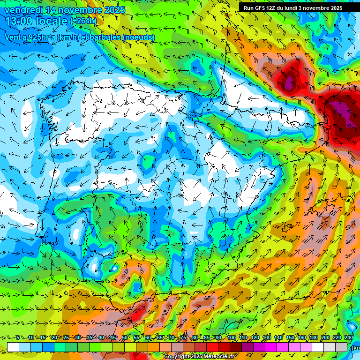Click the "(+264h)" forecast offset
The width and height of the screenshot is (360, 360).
83,21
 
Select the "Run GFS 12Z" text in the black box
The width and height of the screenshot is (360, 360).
260,8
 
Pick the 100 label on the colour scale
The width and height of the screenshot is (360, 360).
232,337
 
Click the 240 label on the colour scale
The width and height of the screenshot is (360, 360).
349,337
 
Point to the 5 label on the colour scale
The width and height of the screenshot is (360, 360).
18,337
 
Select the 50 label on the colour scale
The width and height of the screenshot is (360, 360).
125,337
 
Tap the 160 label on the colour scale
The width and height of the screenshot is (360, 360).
302,337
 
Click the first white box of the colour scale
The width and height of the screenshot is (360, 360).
13,347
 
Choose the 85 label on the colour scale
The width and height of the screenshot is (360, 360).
207,337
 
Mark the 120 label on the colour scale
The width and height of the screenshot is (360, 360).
255,337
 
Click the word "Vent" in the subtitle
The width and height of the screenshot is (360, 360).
13,37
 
